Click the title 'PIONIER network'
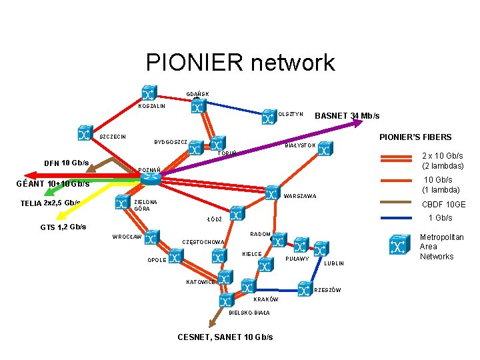(x=240, y=63)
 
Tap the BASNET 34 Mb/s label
(x=347, y=115)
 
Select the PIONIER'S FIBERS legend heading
(x=415, y=137)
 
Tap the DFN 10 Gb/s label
(x=66, y=163)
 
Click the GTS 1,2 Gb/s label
(x=63, y=227)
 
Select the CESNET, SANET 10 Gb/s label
(x=225, y=337)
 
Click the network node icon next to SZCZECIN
(x=84, y=133)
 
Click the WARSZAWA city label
(x=300, y=197)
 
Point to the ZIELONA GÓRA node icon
(x=121, y=202)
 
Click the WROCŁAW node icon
(x=151, y=237)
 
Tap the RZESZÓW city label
(x=327, y=290)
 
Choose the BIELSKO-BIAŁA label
(x=249, y=313)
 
